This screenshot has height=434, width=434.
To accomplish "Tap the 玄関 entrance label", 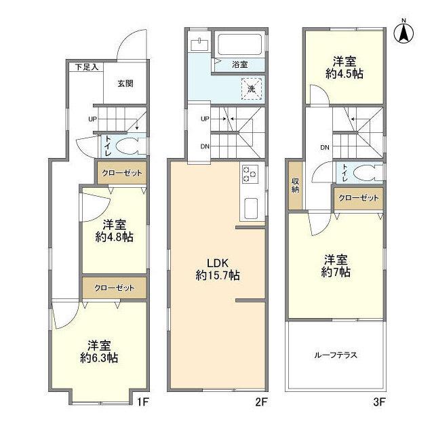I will [x=124, y=83].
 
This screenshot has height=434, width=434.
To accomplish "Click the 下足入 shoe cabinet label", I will [x=86, y=66].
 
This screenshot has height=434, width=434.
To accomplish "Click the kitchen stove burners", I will [x=250, y=175].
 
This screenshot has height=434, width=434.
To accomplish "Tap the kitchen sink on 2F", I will [x=250, y=208].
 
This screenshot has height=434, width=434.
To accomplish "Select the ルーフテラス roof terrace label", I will [x=335, y=355].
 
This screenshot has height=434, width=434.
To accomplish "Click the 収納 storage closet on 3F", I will [x=295, y=185].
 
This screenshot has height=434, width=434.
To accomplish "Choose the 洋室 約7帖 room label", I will [x=336, y=265].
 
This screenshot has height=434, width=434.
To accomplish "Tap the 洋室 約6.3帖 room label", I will [x=102, y=350].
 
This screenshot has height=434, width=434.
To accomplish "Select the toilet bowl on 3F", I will [x=367, y=172].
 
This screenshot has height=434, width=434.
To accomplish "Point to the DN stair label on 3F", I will [x=324, y=147].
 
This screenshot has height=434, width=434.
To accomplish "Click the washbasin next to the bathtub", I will [x=199, y=45].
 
